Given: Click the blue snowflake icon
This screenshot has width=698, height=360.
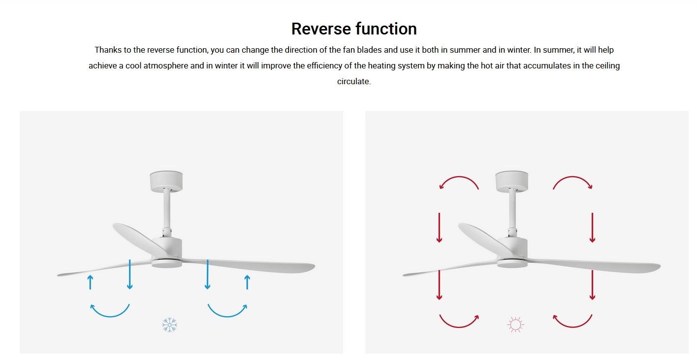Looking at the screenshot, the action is (169, 325).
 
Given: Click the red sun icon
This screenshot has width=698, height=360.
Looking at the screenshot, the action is (515, 325).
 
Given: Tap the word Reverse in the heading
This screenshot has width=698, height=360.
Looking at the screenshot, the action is (321, 29).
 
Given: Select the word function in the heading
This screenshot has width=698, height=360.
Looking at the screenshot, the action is (386, 29).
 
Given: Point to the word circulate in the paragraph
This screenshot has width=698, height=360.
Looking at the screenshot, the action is (353, 81).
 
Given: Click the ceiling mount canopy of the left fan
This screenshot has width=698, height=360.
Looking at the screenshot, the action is (166, 181).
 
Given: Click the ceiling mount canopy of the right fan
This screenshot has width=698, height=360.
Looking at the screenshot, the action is (512, 181).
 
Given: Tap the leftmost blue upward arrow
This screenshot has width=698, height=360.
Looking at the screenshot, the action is (91, 282).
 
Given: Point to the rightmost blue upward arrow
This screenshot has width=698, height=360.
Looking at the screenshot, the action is (248, 282).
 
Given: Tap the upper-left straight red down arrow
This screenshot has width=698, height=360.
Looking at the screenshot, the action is (440, 228).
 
